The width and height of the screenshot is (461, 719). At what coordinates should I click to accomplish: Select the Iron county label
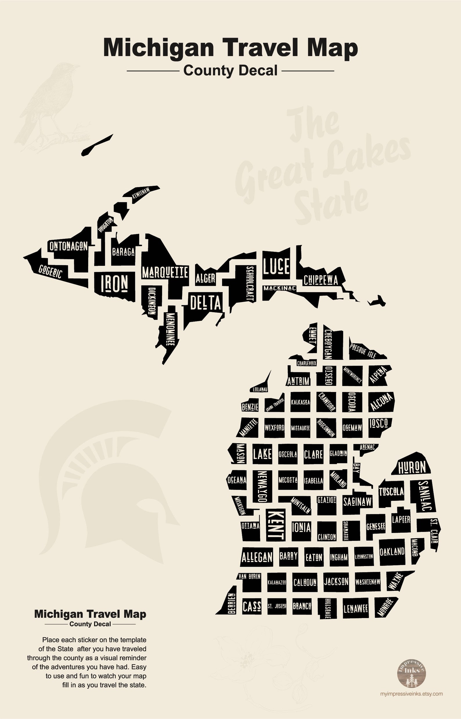[x=114, y=283]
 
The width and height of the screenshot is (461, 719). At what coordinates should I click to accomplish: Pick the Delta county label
[x=206, y=303]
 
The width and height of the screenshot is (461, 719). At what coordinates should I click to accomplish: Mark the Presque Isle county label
[x=363, y=351]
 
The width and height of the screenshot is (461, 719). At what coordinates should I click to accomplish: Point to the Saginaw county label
[x=357, y=502]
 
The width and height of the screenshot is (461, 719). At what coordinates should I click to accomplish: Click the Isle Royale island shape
[x=97, y=145]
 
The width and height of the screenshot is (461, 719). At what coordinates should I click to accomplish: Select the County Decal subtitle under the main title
[x=230, y=71]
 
